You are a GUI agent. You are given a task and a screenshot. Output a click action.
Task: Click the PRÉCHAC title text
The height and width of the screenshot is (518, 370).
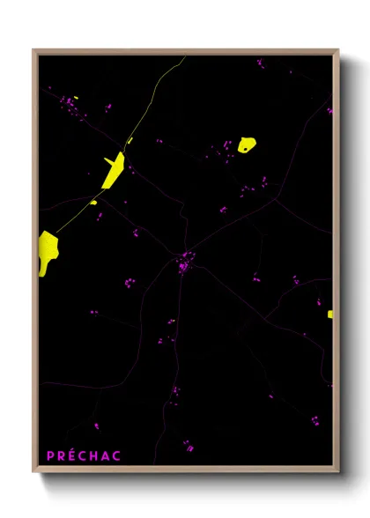[84, 455]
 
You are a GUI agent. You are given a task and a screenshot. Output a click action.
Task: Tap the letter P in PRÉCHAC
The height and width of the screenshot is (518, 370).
[50, 455]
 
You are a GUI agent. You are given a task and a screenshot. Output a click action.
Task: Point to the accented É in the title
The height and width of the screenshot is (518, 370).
[73, 455]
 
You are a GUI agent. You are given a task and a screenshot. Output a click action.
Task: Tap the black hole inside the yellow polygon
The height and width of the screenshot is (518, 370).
[244, 148]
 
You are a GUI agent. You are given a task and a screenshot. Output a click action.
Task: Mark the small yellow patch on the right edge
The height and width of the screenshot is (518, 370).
[330, 314]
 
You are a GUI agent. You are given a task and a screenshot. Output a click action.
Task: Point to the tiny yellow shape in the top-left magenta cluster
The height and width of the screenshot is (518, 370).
[77, 97]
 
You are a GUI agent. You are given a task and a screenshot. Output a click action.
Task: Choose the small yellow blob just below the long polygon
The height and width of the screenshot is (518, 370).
[93, 202]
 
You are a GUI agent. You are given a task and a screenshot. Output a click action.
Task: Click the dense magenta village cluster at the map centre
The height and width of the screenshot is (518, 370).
[184, 262]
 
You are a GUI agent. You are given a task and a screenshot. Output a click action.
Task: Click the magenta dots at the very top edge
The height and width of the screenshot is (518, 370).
[260, 63]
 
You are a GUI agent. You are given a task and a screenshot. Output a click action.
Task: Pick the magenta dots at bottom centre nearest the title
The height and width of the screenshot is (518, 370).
[188, 445]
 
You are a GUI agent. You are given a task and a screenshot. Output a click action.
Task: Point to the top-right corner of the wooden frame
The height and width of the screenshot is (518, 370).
[337, 51]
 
